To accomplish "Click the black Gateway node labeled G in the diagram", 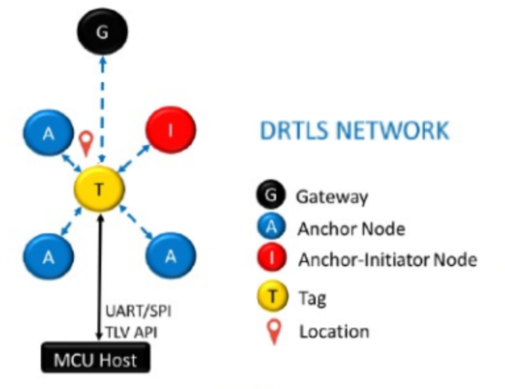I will tap(101, 32).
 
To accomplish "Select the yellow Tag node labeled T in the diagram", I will tap(99, 189).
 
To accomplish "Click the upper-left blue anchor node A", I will tap(48, 134).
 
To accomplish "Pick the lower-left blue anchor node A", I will tap(48, 256).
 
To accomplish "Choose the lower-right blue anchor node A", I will tap(170, 256).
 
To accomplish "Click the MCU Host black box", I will tap(96, 359).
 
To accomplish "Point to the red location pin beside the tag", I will tap(85, 142).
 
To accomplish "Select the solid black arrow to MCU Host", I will tap(99, 276).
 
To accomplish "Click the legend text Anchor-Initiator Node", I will tap(387, 260).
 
